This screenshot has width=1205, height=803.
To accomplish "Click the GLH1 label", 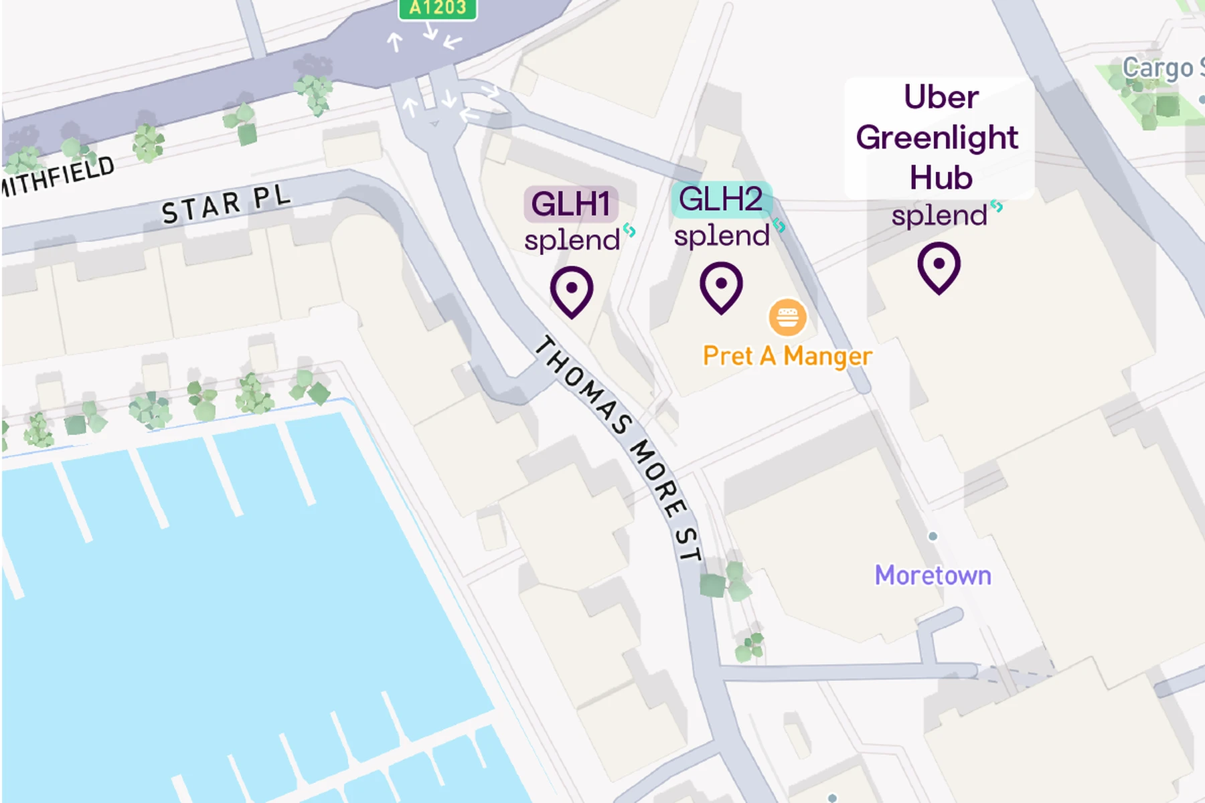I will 570,204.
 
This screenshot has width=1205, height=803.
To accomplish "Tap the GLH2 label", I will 721,199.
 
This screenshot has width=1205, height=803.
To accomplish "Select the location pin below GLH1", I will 572,291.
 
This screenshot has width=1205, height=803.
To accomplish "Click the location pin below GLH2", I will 721,286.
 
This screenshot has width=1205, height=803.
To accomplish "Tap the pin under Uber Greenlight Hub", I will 939,267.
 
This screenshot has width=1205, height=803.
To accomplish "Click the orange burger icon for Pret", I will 787,317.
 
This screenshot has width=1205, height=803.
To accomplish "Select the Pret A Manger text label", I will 787,356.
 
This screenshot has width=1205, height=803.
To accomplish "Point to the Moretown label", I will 933,575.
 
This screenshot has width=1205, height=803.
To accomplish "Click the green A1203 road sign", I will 438,9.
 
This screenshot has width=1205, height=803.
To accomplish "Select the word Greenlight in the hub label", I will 937,138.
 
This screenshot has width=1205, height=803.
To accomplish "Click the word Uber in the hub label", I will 941,98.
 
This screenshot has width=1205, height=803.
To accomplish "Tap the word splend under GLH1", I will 572,240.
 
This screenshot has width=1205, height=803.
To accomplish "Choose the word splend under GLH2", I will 722,236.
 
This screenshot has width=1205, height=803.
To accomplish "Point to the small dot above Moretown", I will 933,536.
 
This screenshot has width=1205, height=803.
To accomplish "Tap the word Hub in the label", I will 941,178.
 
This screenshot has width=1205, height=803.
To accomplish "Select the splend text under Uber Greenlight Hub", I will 939,216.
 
